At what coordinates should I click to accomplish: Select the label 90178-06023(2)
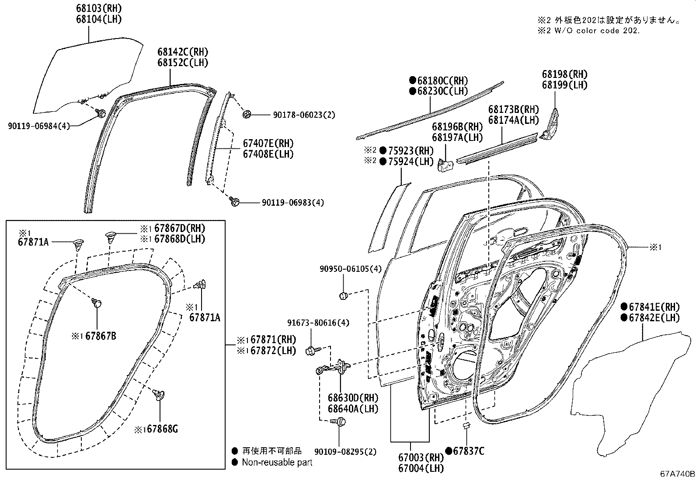coord(304,115)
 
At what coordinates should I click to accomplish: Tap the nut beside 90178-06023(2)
coord(247,115)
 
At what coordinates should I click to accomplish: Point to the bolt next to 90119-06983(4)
coord(234,202)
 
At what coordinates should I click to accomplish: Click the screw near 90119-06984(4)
coord(101,114)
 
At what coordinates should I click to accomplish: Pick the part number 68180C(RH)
coord(442,81)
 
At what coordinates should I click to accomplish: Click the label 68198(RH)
coord(565,74)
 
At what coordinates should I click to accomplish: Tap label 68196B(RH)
coord(457,127)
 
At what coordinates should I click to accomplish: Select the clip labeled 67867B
coord(97,302)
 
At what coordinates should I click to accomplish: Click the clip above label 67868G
coord(159,395)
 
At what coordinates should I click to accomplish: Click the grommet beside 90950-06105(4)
coord(343,296)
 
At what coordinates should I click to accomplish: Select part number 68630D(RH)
coord(353,398)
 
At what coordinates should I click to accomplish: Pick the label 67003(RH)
coord(421,458)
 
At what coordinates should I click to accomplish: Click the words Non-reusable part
coord(277,462)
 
